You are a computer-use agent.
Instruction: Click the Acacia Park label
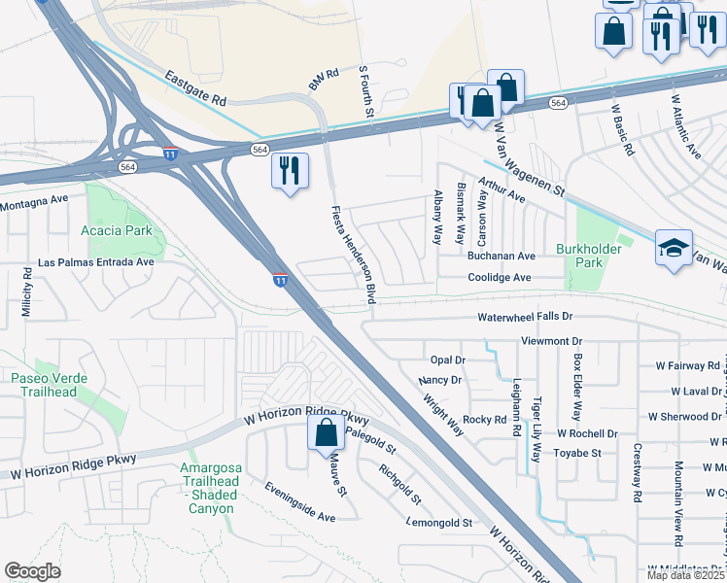click(x=120, y=231)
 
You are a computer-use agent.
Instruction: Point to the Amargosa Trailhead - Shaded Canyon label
click(x=211, y=488)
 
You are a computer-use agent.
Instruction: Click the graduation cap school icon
click(x=674, y=249)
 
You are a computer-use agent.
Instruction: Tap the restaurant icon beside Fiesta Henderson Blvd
click(x=290, y=172)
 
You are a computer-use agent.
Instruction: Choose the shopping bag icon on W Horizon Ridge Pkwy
click(x=327, y=433)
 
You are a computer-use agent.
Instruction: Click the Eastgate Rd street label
click(x=194, y=87)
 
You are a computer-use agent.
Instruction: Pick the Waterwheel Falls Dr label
click(x=525, y=318)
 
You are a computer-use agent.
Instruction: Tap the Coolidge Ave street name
click(x=499, y=277)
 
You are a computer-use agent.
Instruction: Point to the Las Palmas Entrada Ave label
click(x=95, y=262)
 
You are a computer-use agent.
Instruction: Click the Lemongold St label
click(x=440, y=522)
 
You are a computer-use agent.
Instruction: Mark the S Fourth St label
click(x=365, y=93)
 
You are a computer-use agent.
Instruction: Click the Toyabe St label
click(x=578, y=453)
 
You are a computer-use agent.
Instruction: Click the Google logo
click(x=32, y=571)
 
